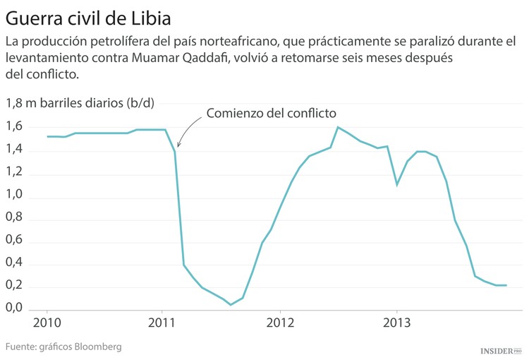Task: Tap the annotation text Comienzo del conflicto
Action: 271,113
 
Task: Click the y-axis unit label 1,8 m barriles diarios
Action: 80,103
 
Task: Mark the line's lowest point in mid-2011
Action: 231,305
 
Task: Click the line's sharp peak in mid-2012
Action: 339,127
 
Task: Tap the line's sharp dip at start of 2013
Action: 397,185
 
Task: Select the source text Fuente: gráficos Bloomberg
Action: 63,347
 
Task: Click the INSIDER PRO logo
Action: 500,350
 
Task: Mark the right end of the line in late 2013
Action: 506,285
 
